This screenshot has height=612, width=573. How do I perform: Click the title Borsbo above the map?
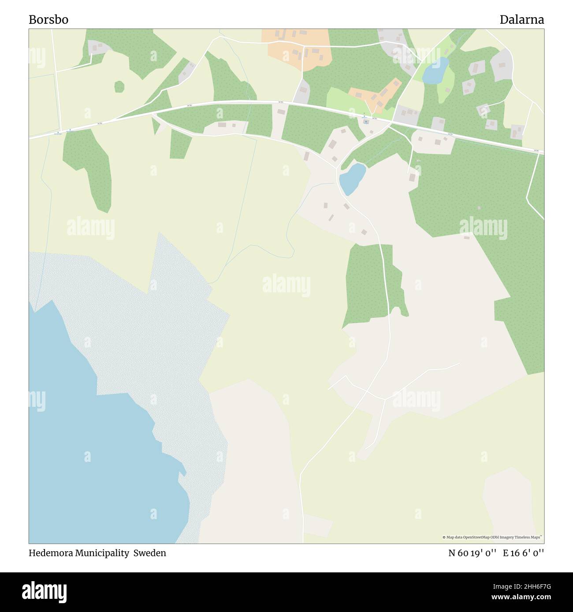click(48, 20)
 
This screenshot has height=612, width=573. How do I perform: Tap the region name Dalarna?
click(521, 20)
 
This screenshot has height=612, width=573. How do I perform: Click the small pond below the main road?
click(352, 179)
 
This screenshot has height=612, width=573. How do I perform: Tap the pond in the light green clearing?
click(435, 70)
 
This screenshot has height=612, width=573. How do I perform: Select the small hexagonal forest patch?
click(119, 87)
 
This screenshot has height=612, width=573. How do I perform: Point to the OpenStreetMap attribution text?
click(492, 537)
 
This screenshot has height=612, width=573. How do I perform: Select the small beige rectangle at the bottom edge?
click(317, 526)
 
